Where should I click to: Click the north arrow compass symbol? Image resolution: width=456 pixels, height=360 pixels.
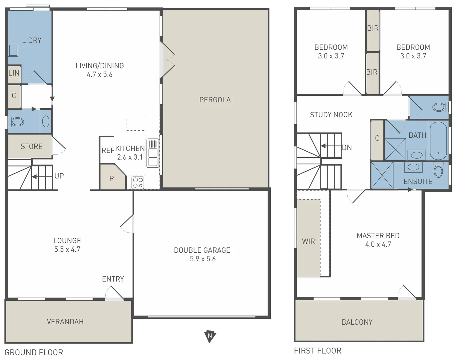pyautogui.click(x=210, y=336)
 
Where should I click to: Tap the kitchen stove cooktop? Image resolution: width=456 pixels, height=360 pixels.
pyautogui.click(x=138, y=183)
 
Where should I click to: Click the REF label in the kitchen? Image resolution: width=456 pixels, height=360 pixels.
pyautogui.click(x=108, y=151)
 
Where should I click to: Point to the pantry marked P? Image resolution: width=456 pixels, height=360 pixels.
pyautogui.click(x=112, y=179)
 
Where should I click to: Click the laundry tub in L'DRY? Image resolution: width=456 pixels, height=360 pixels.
pyautogui.click(x=13, y=50)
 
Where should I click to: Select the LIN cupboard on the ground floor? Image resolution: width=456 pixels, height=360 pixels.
pyautogui.click(x=14, y=73)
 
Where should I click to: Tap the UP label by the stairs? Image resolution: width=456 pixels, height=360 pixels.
pyautogui.click(x=59, y=176)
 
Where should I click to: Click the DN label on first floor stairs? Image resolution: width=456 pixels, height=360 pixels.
pyautogui.click(x=347, y=147)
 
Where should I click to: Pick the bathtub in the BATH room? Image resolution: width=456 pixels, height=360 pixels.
pyautogui.click(x=438, y=141)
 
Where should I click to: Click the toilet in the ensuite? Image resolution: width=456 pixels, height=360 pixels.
pyautogui.click(x=438, y=171)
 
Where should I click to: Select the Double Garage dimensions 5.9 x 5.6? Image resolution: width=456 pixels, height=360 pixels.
pyautogui.click(x=203, y=259)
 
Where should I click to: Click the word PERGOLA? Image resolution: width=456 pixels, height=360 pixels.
pyautogui.click(x=215, y=100)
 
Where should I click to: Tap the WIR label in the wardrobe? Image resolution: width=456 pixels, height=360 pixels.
pyautogui.click(x=308, y=241)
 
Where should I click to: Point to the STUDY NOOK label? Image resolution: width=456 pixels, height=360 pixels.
pyautogui.click(x=331, y=115)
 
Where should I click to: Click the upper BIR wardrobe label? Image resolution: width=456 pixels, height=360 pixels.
pyautogui.click(x=373, y=28)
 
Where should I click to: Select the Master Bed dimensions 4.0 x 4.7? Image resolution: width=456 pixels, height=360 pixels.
pyautogui.click(x=378, y=244)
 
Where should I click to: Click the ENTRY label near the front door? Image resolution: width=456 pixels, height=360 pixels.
pyautogui.click(x=113, y=279)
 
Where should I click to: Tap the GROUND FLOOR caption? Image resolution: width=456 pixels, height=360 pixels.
pyautogui.click(x=34, y=352)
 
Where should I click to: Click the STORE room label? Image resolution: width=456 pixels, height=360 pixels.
pyautogui.click(x=32, y=146)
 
